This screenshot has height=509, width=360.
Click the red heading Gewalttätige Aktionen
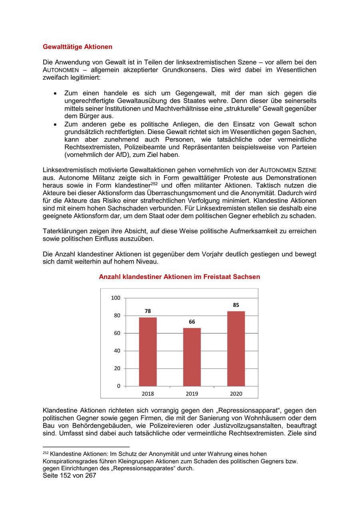click(x=77, y=47)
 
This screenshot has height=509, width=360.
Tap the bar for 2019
click(x=192, y=357)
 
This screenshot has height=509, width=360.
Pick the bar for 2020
click(x=236, y=349)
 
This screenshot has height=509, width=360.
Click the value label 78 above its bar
click(x=148, y=311)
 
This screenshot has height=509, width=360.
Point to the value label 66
click(x=192, y=322)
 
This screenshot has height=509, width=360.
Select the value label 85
click(x=236, y=305)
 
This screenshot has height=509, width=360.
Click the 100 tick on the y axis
click(x=116, y=298)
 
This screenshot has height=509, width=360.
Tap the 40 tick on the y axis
click(x=117, y=351)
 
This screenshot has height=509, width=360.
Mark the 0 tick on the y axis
click(x=118, y=386)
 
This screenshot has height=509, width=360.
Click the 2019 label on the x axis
click(x=192, y=394)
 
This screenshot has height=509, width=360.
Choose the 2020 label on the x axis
click(x=236, y=394)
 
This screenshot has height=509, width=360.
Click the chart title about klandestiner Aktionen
click(x=179, y=277)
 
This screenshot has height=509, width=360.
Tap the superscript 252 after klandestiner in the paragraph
click(x=155, y=184)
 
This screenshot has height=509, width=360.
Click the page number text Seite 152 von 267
click(x=69, y=476)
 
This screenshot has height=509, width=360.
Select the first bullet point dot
click(x=55, y=93)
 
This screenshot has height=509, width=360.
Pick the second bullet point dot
click(x=55, y=124)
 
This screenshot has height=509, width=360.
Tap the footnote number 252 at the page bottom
click(x=45, y=453)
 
